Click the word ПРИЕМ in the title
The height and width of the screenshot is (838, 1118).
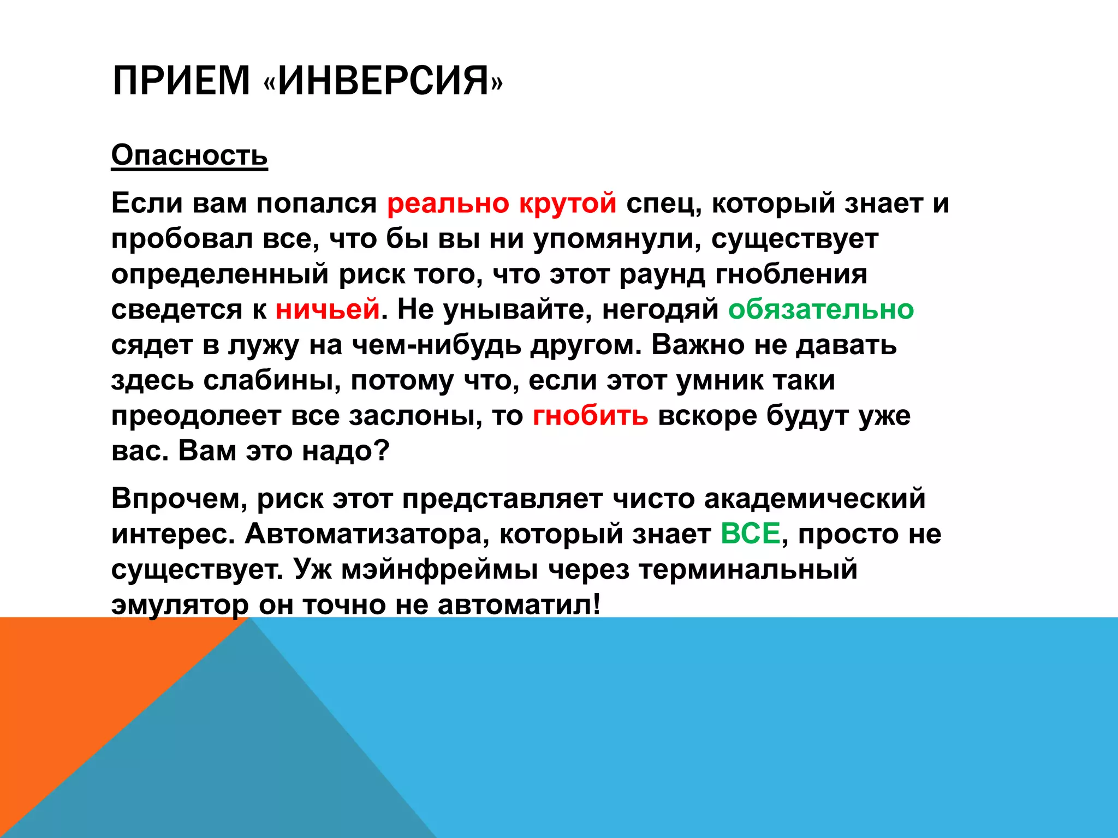point(181,81)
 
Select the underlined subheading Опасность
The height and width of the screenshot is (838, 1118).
point(189,155)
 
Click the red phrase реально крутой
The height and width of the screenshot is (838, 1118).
point(502,203)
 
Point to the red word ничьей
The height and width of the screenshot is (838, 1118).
point(327,309)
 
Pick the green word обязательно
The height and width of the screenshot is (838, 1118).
point(820,309)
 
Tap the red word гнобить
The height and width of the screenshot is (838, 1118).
point(590,416)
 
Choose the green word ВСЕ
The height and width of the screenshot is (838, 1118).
point(750,534)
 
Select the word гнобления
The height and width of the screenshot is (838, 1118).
point(791,274)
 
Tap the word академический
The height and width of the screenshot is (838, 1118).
point(814,498)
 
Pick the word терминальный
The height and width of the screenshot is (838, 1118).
point(748,569)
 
